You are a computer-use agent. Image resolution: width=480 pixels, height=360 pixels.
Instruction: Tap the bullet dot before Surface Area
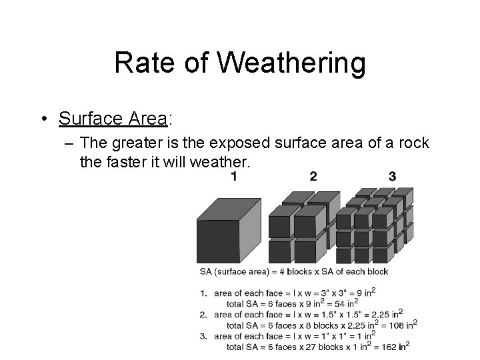coord(42,120)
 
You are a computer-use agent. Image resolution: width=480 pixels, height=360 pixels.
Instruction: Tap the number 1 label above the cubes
coord(234,177)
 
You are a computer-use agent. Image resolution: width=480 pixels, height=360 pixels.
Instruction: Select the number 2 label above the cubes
coord(313,177)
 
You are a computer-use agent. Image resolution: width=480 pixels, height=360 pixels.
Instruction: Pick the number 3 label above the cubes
coord(392,177)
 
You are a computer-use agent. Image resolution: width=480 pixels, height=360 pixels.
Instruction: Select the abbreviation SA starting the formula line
coord(205,271)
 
